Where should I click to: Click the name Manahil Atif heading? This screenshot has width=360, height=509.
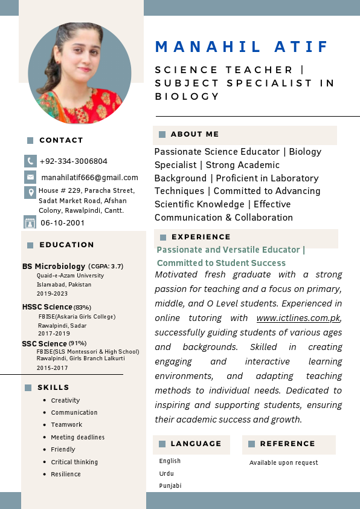(242, 47)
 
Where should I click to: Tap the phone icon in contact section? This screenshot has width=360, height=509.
(30, 161)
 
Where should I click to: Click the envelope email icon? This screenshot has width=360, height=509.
(30, 177)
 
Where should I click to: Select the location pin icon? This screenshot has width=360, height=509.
(30, 192)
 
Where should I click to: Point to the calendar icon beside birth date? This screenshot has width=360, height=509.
(30, 222)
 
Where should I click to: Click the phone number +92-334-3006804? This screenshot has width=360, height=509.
(73, 161)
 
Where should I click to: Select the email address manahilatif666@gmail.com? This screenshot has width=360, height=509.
(89, 178)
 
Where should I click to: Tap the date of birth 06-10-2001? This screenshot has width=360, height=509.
(63, 223)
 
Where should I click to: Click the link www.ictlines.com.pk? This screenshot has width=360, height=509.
(298, 318)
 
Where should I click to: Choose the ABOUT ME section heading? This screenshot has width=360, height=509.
(194, 134)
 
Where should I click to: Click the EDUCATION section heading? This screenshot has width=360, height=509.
(66, 245)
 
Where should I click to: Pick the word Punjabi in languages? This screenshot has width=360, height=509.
(170, 486)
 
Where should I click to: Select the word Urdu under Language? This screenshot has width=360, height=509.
(166, 473)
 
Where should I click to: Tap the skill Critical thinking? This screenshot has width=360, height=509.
(74, 462)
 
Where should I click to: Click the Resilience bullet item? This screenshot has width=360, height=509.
(66, 475)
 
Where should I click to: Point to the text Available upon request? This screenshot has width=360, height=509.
(283, 463)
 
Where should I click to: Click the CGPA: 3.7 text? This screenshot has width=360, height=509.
(106, 266)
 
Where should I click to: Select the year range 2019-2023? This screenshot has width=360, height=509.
(52, 293)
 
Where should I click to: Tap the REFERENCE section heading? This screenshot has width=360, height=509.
(288, 444)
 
